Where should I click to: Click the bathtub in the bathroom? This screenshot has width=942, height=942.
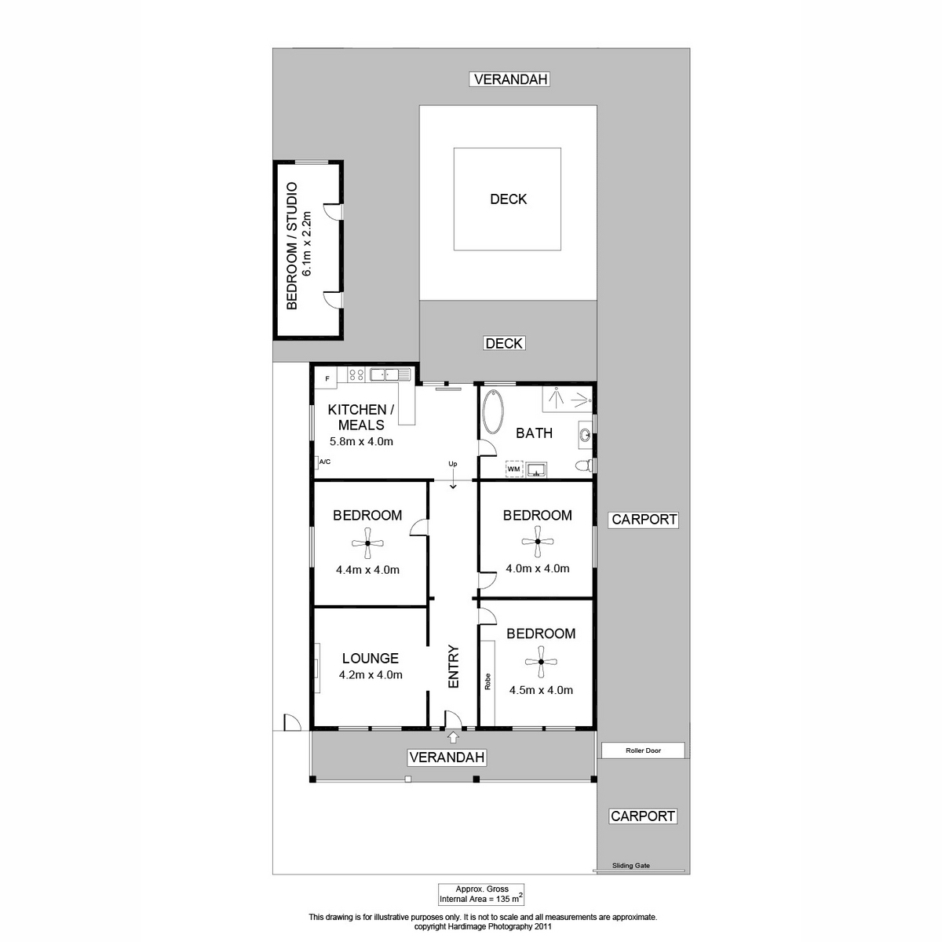coord(492,411)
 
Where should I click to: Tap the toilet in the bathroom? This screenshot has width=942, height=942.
coord(583,465)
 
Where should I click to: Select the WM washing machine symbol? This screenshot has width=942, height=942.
coord(513,469)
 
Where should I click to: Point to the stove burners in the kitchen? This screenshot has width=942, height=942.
coord(356,375)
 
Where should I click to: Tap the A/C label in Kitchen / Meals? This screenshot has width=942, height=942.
coord(324,462)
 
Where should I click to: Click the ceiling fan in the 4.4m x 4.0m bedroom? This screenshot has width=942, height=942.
coord(367,542)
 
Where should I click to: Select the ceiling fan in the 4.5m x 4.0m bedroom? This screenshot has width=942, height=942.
coord(541,662)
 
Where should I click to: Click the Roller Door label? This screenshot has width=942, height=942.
coord(643,750)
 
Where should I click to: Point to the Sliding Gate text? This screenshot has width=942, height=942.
coord(630,865)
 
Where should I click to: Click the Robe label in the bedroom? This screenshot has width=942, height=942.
coord(487,681)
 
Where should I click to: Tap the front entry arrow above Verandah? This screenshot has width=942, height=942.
coord(453,736)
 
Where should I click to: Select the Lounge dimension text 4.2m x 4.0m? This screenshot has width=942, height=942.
coord(371,674)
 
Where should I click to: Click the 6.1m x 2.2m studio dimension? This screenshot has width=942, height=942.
coord(306,243)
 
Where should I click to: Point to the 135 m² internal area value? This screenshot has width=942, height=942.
coord(509,899)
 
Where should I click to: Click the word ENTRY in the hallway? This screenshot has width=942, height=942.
coord(454,666)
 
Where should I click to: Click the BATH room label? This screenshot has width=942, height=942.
coord(535,433)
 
